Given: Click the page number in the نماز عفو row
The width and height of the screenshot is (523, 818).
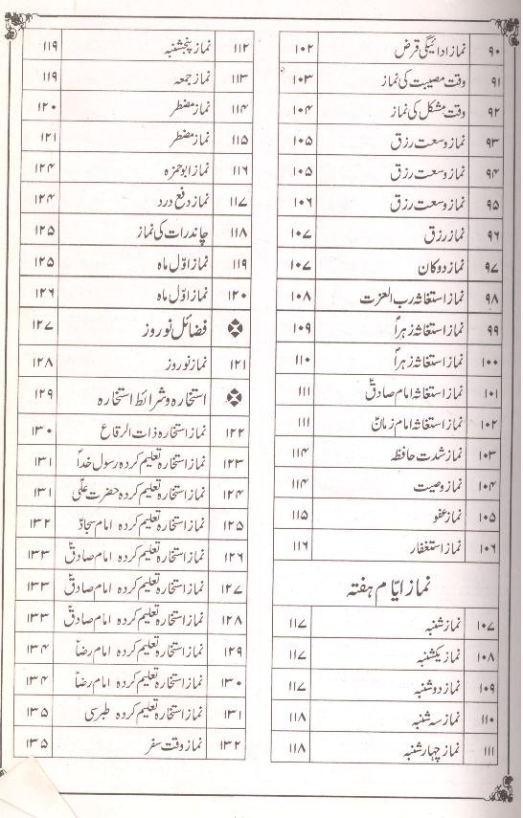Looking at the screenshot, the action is click(x=299, y=516).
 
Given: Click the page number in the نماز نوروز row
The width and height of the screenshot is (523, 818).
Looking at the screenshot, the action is click(x=42, y=363).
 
